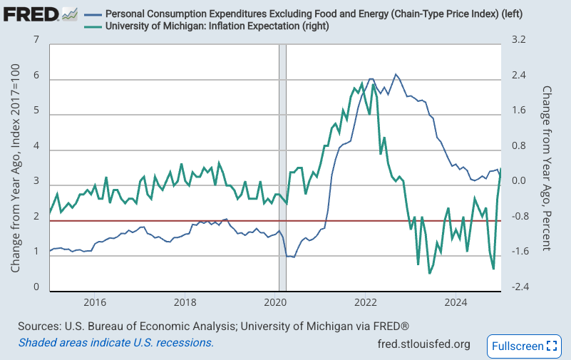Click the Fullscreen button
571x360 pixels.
(x=524, y=346)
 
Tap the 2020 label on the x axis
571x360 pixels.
(x=274, y=301)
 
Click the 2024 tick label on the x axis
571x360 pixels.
(x=455, y=301)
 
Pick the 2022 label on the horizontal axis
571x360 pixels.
(x=365, y=301)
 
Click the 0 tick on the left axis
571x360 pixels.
(x=36, y=287)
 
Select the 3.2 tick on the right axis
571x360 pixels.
(x=518, y=41)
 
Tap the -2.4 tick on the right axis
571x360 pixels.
(x=520, y=287)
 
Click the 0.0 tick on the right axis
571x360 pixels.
(x=518, y=181)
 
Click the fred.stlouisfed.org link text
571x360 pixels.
(x=423, y=344)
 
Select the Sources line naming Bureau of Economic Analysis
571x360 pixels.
(x=213, y=326)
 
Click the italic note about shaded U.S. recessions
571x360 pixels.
(x=115, y=342)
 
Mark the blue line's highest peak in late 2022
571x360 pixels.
(x=396, y=74)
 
